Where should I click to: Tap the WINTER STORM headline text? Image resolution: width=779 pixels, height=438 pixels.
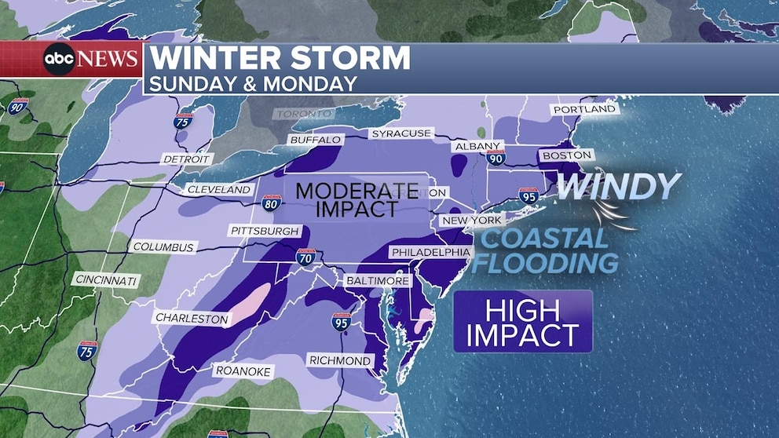point(280,59)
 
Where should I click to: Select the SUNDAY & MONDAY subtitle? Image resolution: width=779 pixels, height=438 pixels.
point(253,83)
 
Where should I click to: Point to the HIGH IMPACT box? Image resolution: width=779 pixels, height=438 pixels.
point(522,323)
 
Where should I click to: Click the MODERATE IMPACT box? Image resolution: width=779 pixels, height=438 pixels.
point(357,199)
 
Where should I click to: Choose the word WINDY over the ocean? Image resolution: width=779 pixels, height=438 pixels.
point(618,186)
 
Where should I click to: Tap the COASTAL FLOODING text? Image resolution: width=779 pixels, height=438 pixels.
point(544,250)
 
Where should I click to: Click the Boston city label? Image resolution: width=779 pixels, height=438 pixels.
point(566,155)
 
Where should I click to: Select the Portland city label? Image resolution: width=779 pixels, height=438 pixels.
point(584,110)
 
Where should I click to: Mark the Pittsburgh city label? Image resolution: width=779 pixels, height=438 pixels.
point(265,231)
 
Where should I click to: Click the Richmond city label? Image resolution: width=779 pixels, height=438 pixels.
point(340,360)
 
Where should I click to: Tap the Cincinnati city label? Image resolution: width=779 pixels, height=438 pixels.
point(106,279)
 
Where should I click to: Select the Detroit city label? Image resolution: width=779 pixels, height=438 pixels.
point(186,159)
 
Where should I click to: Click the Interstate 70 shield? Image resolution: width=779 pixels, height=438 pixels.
point(305,257)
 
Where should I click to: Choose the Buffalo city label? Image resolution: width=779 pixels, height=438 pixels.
point(316,140)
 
